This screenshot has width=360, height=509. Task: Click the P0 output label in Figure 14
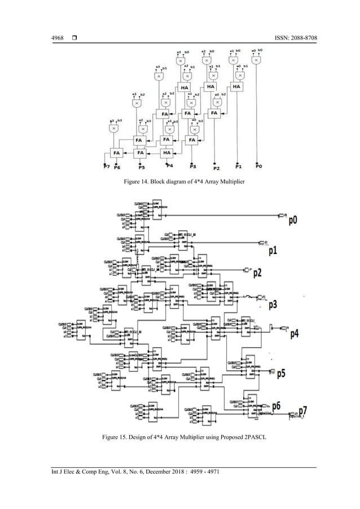pos(258,166)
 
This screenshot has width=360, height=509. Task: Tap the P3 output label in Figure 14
pos(192,167)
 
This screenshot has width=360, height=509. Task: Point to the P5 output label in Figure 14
pos(141,167)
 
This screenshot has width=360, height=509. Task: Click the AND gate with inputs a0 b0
pos(257,60)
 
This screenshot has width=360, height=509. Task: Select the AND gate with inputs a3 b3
pos(114,129)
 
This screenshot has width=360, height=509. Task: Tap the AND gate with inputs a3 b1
pos(159,76)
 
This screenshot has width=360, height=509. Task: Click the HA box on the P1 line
pos(236,86)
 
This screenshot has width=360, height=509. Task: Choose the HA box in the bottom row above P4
pos(167,152)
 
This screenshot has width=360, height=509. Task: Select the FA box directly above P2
pos(214,113)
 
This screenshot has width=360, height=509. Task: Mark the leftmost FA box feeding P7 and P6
pos(116,152)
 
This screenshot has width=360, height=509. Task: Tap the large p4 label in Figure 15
pos(295,334)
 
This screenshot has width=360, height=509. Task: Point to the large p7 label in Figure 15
pos(302,410)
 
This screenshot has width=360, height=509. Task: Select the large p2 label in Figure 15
pos(257,273)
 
